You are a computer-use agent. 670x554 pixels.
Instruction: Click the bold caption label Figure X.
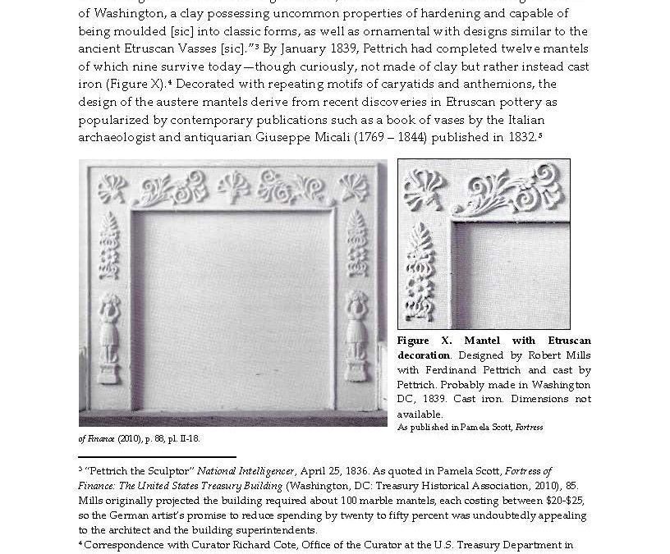(x=424, y=341)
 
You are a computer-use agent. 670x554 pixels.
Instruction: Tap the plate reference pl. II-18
(x=181, y=438)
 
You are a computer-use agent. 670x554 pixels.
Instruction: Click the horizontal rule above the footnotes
(x=157, y=456)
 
